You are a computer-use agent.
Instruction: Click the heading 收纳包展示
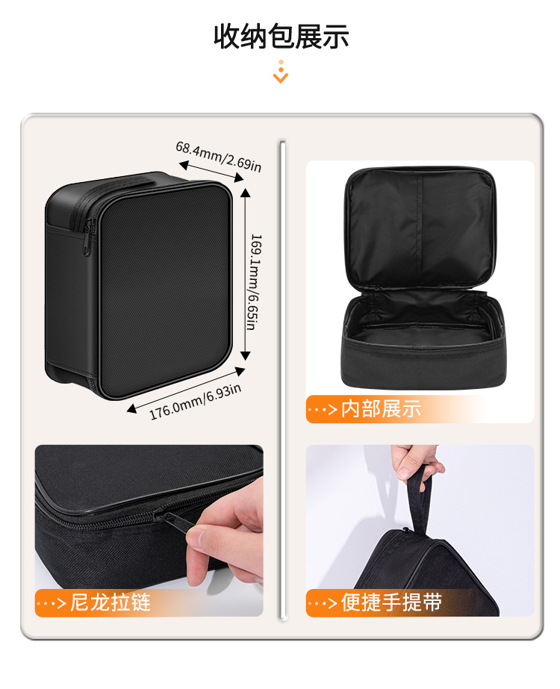pyautogui.click(x=281, y=36)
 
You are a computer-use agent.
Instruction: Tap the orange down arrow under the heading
pyautogui.click(x=281, y=72)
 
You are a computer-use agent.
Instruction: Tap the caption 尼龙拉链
pyautogui.click(x=110, y=602)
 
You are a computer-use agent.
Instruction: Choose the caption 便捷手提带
pyautogui.click(x=391, y=602)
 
